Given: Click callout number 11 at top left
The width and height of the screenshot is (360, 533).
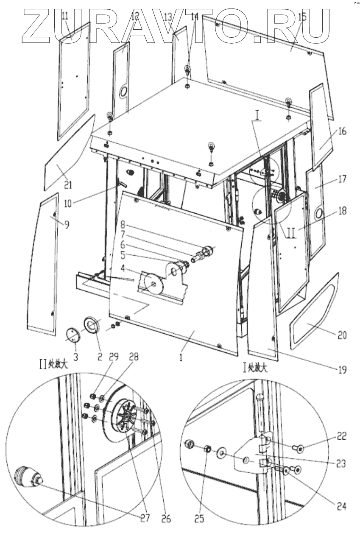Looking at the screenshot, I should (x=65, y=17).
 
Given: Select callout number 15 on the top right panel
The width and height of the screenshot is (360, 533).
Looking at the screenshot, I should (x=302, y=17).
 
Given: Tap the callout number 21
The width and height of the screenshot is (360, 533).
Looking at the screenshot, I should (x=68, y=184).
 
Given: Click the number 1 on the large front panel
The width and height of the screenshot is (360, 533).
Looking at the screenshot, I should (x=181, y=357).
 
